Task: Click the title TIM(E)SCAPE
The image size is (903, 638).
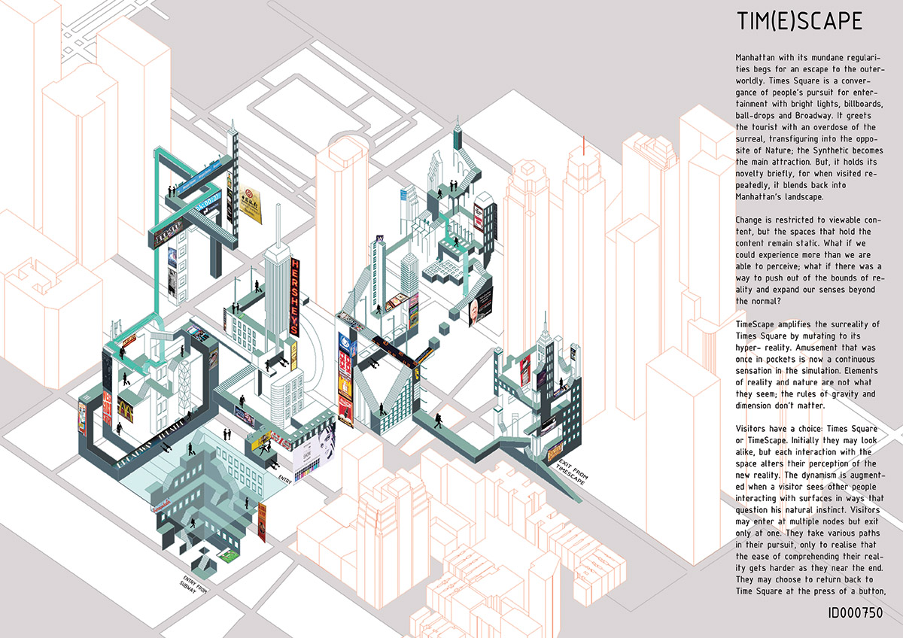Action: [799, 22]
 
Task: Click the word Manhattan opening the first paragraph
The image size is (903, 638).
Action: [759, 57]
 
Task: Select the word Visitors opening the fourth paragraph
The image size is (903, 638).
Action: [758, 427]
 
